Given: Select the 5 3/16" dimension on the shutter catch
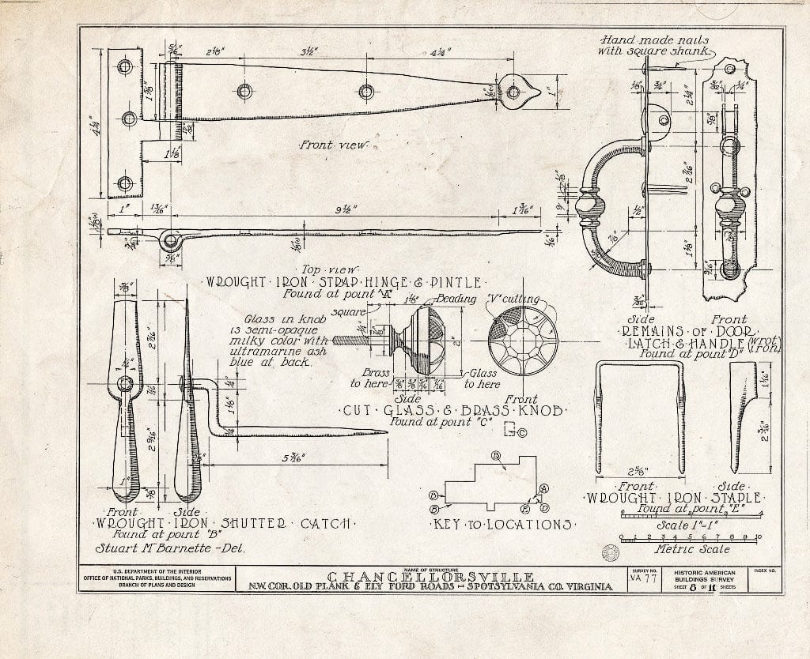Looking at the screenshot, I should tap(293, 458).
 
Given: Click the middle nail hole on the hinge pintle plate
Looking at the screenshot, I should tap(128, 119).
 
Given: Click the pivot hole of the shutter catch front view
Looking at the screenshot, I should tap(126, 384).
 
